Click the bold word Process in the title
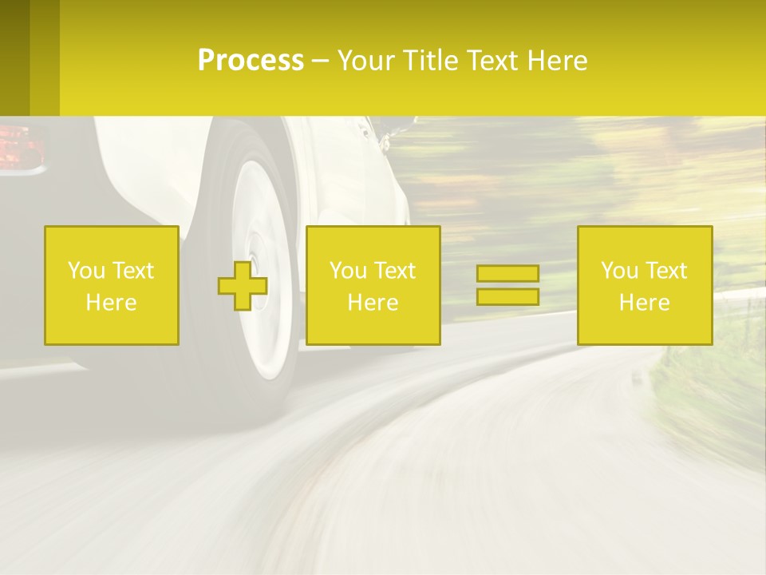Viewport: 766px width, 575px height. coord(251,61)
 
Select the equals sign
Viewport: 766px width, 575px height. coord(507,285)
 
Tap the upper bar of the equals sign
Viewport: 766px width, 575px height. coord(507,274)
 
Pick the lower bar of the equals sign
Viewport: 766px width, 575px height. coord(507,296)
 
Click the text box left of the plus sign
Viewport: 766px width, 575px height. coord(112,285)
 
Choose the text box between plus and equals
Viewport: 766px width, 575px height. coord(373,285)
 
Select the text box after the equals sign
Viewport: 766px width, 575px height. coord(644,285)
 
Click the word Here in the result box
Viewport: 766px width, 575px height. coord(644,302)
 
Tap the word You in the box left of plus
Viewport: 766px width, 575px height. coord(85,271)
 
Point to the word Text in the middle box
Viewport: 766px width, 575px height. coord(395,271)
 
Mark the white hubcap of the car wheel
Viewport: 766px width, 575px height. coord(263,264)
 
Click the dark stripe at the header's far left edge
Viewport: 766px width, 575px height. coord(14,57)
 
